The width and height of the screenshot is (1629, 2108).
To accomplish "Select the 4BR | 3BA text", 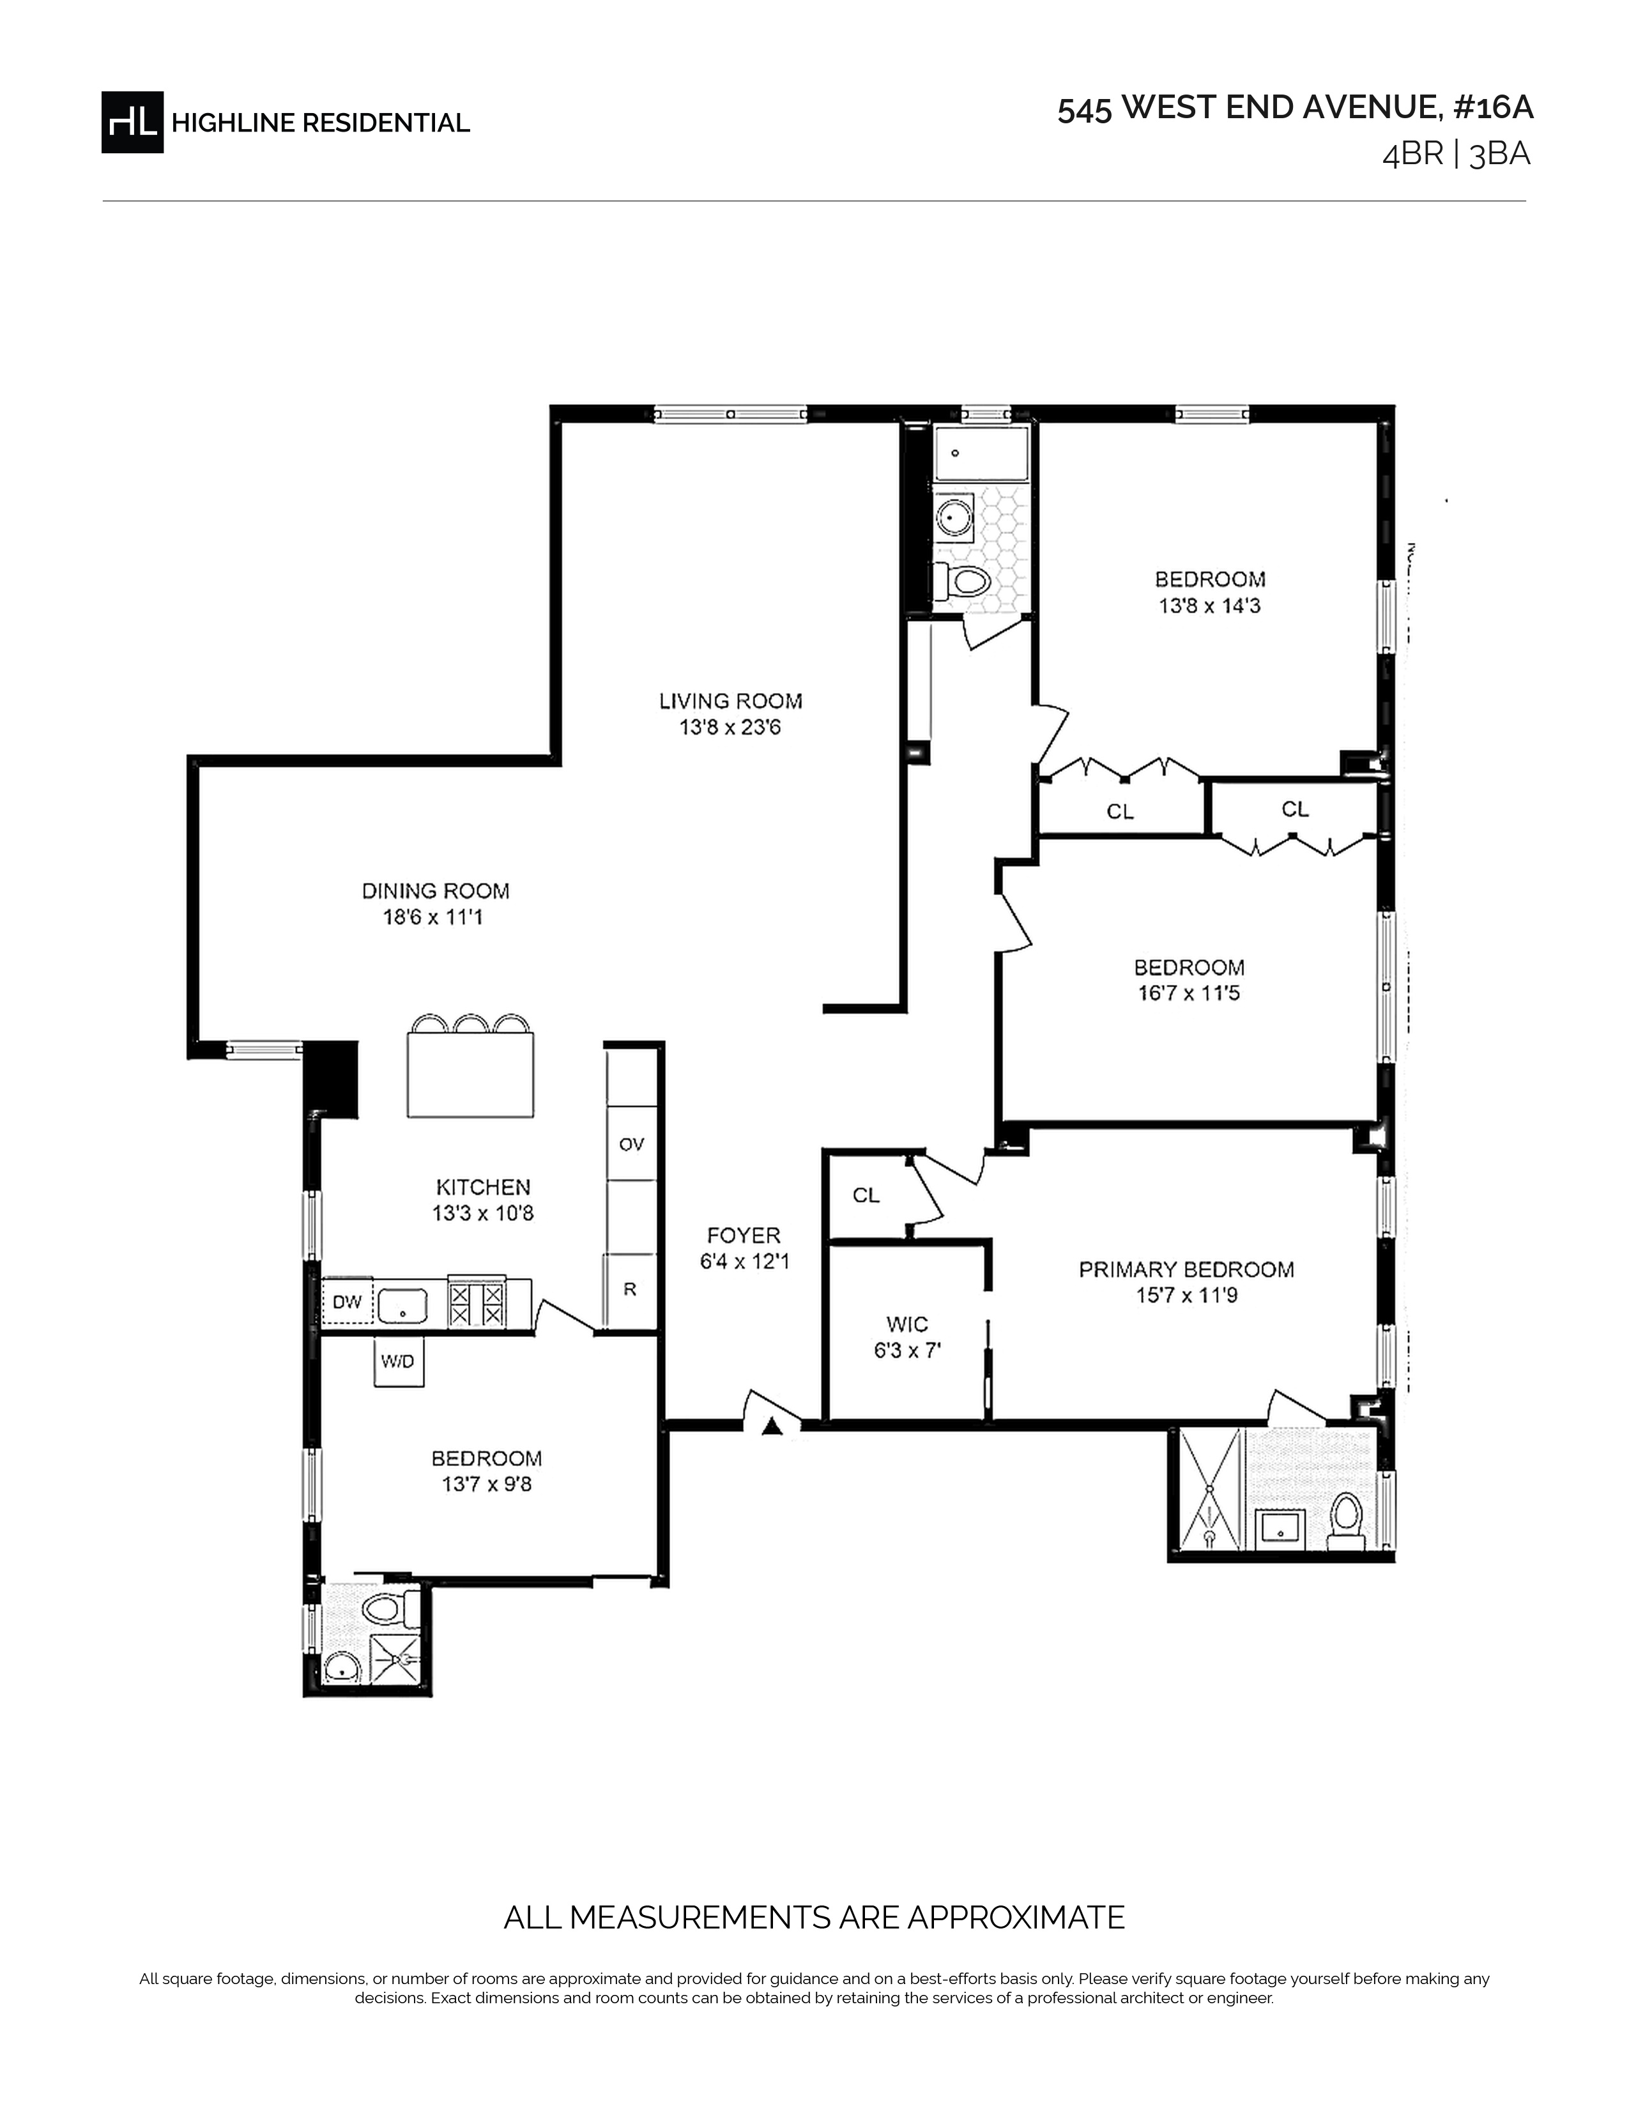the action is [1457, 155].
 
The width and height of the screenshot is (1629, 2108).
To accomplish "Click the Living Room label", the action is [731, 701].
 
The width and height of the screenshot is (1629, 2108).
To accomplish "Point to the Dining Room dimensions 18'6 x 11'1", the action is [433, 917].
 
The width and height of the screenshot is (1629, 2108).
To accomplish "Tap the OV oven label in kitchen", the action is [631, 1145].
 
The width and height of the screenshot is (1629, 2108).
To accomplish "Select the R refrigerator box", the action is [630, 1290].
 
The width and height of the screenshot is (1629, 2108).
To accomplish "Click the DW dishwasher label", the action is [348, 1302].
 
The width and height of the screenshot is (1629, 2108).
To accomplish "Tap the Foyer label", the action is [743, 1235].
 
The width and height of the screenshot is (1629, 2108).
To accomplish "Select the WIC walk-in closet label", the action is [907, 1324].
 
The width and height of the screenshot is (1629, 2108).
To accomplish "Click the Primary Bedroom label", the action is [1186, 1269].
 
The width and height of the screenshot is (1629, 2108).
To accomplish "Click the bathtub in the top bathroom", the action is [981, 455].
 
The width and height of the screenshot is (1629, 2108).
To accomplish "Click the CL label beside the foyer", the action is [866, 1195].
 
